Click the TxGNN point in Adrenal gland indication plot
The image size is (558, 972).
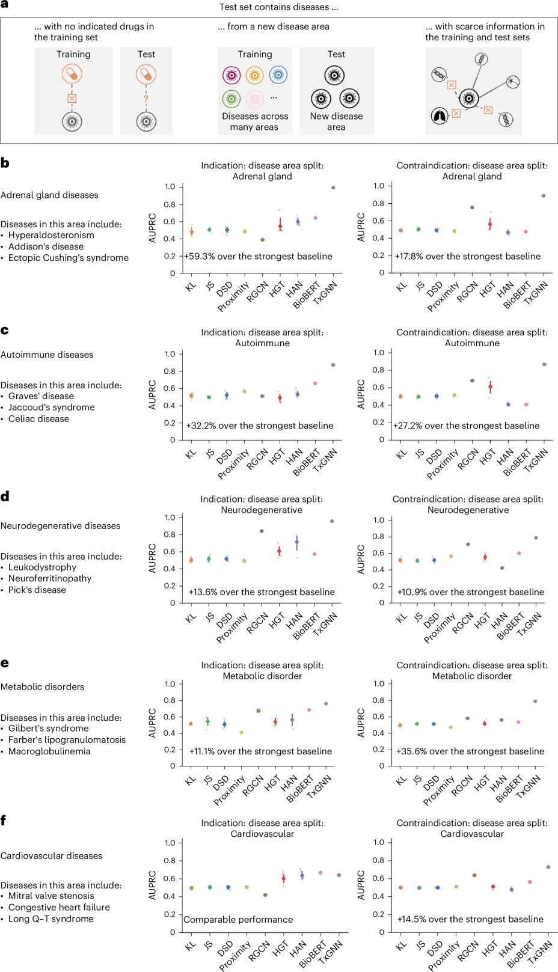[333, 188]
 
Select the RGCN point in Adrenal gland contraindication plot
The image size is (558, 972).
[472, 207]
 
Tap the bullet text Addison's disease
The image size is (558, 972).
[46, 246]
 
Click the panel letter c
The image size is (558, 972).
[5, 330]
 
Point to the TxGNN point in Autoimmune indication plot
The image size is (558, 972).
[333, 365]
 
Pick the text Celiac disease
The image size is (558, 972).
[38, 419]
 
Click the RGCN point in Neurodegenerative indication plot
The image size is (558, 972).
[262, 531]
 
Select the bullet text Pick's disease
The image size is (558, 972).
[37, 590]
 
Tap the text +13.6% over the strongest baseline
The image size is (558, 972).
[262, 592]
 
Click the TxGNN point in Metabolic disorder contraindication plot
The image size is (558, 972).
[535, 701]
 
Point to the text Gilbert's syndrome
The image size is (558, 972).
[48, 729]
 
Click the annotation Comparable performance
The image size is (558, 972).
[238, 920]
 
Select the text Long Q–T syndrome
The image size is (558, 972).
[51, 919]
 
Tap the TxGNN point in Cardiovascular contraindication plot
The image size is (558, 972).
[548, 867]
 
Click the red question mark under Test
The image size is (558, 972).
[146, 99]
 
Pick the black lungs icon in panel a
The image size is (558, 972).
[440, 115]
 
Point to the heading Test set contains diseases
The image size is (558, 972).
[278, 7]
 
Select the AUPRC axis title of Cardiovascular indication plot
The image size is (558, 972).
[153, 885]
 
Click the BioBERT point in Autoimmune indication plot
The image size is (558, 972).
[315, 383]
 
